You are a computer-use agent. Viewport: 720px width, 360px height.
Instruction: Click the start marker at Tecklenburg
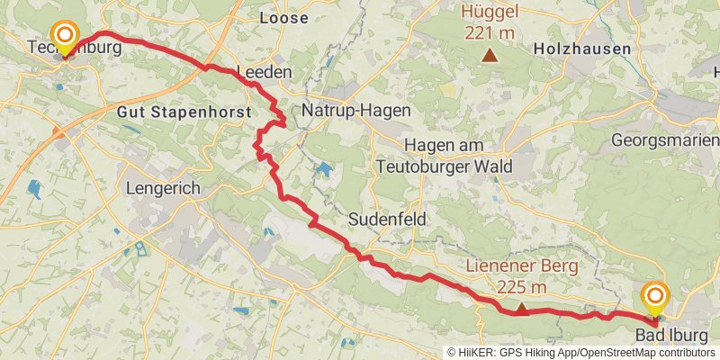(x=65, y=36)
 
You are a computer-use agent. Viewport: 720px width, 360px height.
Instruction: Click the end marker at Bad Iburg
(x=654, y=298)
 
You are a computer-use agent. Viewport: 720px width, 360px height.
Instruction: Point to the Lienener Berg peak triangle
(x=521, y=310)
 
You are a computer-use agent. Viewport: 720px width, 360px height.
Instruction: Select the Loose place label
(x=283, y=18)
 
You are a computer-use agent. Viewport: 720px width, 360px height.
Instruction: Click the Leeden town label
(x=264, y=72)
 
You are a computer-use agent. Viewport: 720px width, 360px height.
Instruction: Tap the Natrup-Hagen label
(x=355, y=110)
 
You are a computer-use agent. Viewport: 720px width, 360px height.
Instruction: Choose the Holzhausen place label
(x=581, y=49)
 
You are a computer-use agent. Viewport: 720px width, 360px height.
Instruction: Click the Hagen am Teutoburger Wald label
(x=444, y=156)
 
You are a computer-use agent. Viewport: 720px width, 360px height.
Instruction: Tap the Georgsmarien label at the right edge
(x=665, y=140)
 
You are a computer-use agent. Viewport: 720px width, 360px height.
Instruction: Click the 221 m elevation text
(x=490, y=33)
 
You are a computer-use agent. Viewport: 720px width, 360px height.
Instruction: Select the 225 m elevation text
(x=521, y=288)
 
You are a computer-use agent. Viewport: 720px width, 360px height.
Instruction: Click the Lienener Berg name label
(x=521, y=267)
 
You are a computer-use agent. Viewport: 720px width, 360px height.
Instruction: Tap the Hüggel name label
(x=490, y=13)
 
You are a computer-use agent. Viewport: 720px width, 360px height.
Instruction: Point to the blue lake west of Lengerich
(x=35, y=190)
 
